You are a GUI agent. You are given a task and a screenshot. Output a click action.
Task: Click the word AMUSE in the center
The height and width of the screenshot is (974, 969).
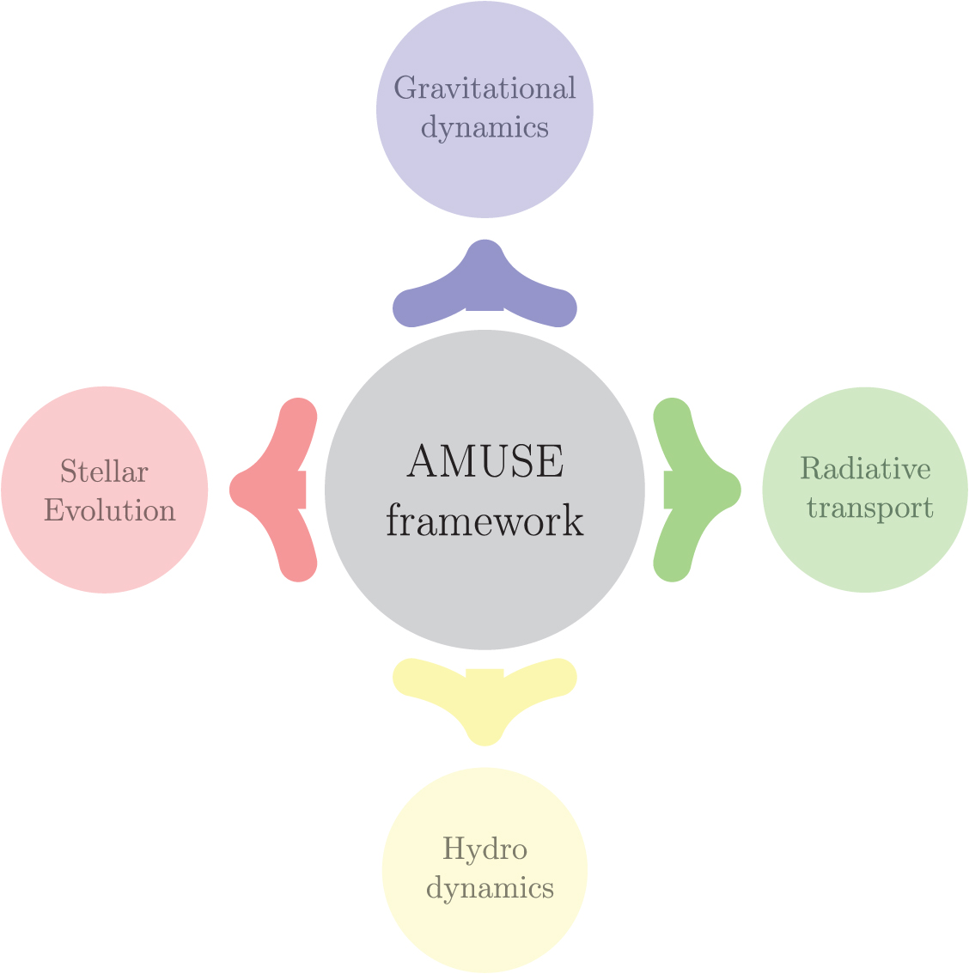pyautogui.click(x=484, y=462)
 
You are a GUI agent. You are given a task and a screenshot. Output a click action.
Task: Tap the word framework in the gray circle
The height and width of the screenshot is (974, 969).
pyautogui.click(x=484, y=520)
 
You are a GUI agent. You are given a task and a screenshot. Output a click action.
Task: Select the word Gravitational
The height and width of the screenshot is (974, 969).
pyautogui.click(x=484, y=88)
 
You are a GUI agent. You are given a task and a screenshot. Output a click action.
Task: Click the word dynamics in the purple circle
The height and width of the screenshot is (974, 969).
pyautogui.click(x=484, y=127)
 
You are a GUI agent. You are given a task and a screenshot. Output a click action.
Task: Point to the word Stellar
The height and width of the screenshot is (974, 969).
pyautogui.click(x=104, y=472)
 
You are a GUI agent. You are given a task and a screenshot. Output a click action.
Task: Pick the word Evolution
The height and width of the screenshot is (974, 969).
pyautogui.click(x=109, y=510)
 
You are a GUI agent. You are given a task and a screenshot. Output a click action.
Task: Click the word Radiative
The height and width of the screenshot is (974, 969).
pyautogui.click(x=865, y=469)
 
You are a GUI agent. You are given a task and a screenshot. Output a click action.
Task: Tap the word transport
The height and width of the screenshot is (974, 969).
pyautogui.click(x=869, y=508)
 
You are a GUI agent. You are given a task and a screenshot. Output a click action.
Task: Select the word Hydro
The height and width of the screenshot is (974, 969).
pyautogui.click(x=484, y=849)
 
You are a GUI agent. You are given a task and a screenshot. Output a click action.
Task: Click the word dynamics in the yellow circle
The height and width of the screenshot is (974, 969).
pyautogui.click(x=490, y=887)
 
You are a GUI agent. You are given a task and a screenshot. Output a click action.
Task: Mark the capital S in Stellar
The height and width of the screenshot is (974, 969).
pyautogui.click(x=68, y=472)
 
